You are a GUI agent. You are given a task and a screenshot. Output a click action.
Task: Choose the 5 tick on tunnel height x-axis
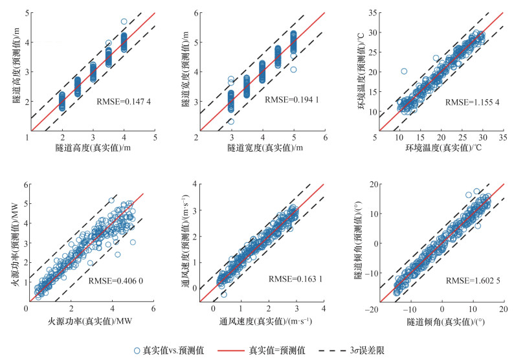pos(155,137)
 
